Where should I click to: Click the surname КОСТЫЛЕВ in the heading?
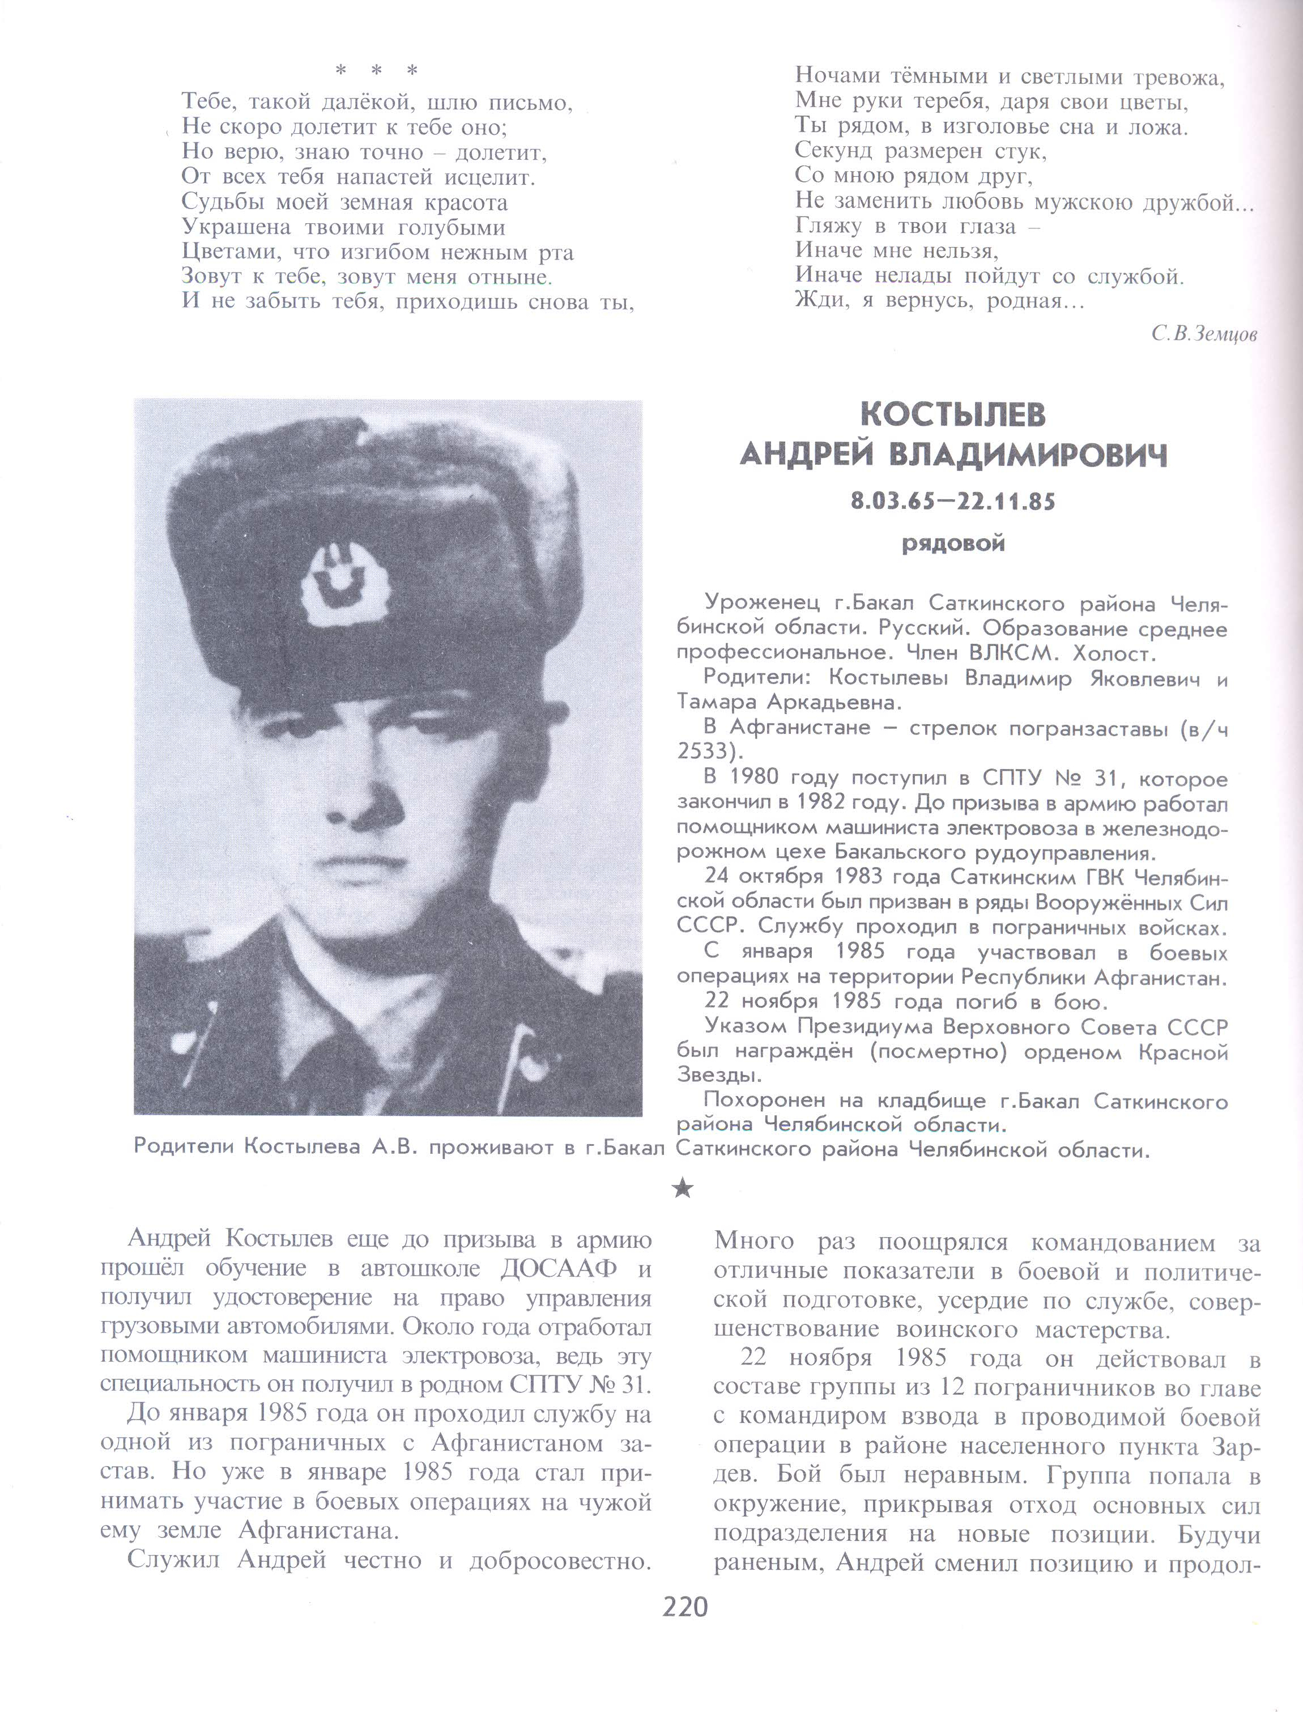(953, 415)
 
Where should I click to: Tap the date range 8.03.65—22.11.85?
(953, 502)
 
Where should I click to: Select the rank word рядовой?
(953, 544)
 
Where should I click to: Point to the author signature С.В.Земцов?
(1204, 334)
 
